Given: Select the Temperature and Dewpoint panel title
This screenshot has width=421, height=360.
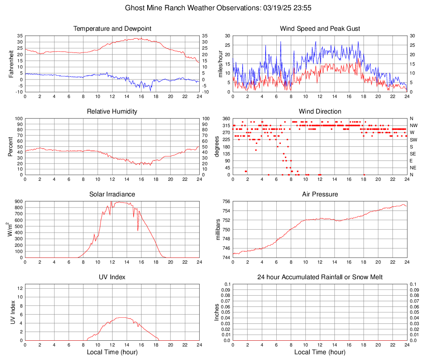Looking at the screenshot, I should (112, 29).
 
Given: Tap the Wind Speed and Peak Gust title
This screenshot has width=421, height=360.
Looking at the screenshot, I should (320, 29).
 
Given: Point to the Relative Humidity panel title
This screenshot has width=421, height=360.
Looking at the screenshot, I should (112, 112).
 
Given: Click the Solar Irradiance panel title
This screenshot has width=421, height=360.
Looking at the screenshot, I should (112, 194).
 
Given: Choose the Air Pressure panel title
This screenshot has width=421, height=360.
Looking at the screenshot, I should (320, 194).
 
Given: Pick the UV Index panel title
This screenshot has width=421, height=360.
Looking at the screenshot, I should (112, 277).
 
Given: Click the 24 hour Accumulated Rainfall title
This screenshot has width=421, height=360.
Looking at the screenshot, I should (320, 277).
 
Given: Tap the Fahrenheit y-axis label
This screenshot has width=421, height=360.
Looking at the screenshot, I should (11, 64).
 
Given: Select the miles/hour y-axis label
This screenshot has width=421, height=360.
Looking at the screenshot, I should (220, 64).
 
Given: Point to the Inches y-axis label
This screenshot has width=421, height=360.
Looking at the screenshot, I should (217, 312).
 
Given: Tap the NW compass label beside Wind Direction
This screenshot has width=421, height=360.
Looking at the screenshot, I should (414, 125).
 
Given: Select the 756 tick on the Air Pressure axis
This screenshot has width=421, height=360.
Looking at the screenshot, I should (226, 201).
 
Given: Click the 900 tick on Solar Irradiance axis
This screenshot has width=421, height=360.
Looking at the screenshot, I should (18, 201).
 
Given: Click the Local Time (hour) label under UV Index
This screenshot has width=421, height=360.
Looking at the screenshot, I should (112, 352).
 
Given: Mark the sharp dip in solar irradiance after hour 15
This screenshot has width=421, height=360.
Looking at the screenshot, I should (138, 231).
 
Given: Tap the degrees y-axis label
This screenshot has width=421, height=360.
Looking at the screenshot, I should (217, 147).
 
